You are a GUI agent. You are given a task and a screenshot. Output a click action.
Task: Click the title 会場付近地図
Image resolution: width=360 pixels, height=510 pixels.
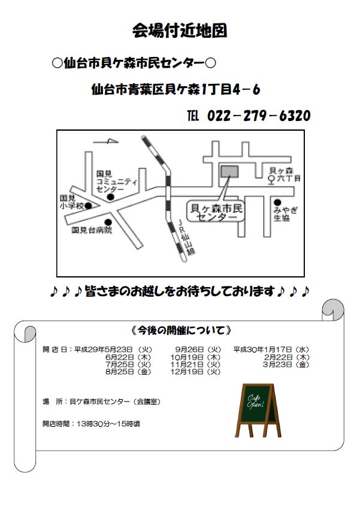pos(180,31)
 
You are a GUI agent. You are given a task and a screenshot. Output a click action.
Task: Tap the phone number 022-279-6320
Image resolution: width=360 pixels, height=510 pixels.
pos(259,116)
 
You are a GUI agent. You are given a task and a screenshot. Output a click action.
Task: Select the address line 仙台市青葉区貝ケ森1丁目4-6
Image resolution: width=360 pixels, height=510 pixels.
pos(176,89)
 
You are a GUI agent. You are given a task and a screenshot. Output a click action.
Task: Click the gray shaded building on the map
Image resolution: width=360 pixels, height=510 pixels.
pos(229,171)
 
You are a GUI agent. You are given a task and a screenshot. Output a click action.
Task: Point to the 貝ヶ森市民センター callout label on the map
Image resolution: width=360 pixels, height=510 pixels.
pos(216,212)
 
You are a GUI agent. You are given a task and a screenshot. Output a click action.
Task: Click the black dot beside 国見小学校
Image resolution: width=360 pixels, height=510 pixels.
pos(88,206)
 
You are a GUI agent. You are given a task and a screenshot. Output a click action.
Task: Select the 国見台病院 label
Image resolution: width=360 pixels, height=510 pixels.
pos(92,230)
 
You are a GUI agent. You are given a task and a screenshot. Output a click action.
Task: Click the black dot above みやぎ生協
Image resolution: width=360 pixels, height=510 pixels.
pos(277,203)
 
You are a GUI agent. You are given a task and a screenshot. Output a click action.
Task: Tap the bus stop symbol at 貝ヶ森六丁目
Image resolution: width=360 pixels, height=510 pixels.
pos(271,180)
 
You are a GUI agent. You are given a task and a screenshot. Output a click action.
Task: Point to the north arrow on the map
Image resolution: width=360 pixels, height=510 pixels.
pos(105,141)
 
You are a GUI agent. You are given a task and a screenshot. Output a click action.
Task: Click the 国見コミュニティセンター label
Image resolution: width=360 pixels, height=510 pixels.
pos(116,182)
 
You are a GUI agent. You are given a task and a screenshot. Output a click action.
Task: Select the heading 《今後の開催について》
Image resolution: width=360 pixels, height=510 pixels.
pos(181,330)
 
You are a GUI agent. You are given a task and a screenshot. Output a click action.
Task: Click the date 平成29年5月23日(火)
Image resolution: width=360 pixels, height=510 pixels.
pos(113,349)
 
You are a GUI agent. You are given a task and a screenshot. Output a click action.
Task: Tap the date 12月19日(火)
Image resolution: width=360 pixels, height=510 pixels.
pos(195,372)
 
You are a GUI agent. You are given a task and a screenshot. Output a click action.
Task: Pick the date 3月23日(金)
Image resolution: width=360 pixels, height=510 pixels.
pos(286,364)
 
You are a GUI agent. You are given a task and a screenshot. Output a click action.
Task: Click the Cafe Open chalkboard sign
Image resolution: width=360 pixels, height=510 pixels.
pos(258,410)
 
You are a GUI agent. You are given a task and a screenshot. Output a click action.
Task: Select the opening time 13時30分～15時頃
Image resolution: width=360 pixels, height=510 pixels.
pos(108,424)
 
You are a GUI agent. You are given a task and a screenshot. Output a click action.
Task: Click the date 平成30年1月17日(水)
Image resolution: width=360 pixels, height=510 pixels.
pos(271,349)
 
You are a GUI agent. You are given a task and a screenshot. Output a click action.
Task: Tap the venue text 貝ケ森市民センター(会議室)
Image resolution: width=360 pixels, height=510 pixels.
pos(115,402)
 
